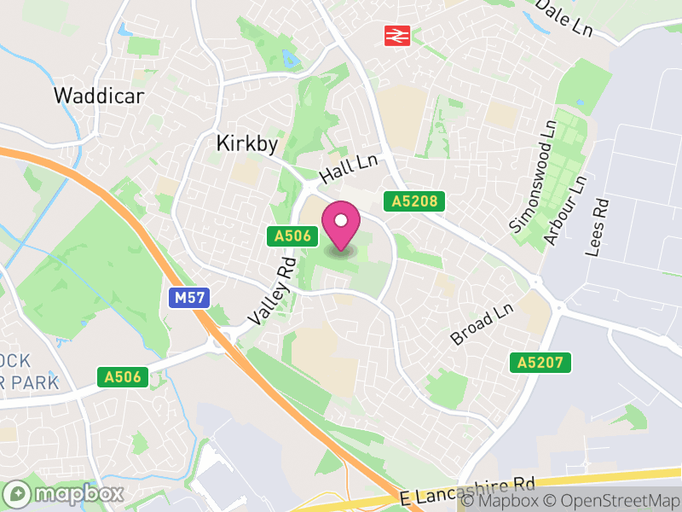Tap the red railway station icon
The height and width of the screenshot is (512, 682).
pos(397,35)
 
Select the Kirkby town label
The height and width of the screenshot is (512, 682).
pos(247,144)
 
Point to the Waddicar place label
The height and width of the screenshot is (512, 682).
pos(99,95)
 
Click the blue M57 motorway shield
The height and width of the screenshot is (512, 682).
pos(188,298)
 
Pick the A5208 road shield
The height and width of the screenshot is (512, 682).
pos(415,201)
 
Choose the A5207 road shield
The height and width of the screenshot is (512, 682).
pos(540,363)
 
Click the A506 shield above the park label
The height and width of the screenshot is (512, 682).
pos(123,376)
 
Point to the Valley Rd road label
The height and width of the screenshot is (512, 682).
pos(272,293)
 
